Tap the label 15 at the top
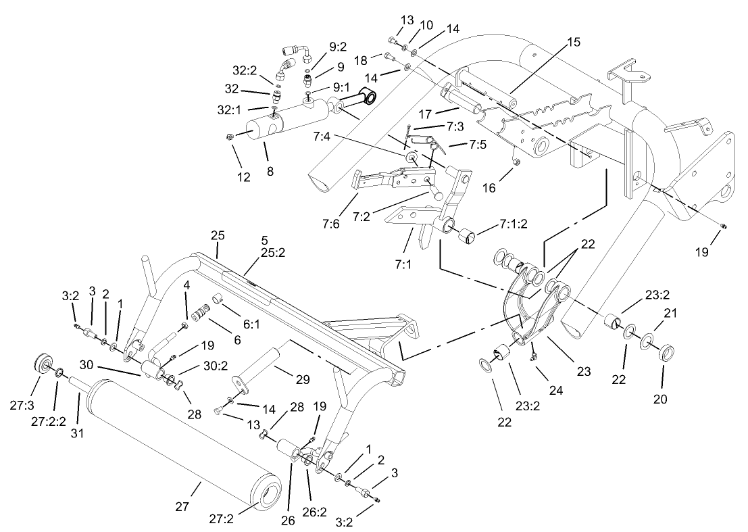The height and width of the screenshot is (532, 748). point(573,42)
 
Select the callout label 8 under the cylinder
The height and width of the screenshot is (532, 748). point(270,172)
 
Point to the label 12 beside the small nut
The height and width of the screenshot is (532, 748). point(243,178)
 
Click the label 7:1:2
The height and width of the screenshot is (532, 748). point(514,223)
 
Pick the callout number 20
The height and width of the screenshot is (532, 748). point(659,399)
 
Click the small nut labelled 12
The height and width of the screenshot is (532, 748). point(230,137)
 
